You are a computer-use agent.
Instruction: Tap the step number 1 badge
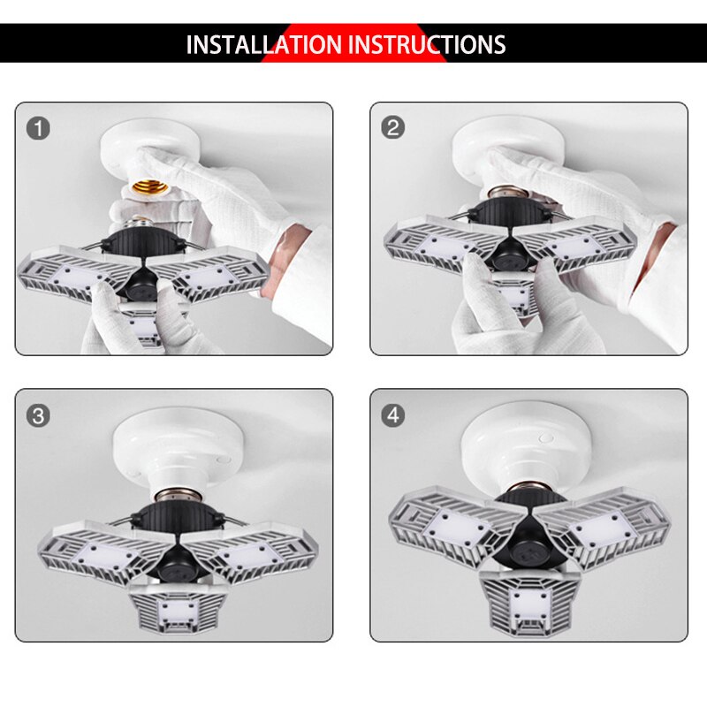pyautogui.click(x=38, y=128)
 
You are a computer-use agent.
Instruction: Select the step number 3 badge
pyautogui.click(x=38, y=415)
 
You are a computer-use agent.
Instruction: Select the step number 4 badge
pyautogui.click(x=393, y=415)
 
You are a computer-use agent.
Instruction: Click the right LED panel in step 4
pyautogui.click(x=610, y=526)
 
